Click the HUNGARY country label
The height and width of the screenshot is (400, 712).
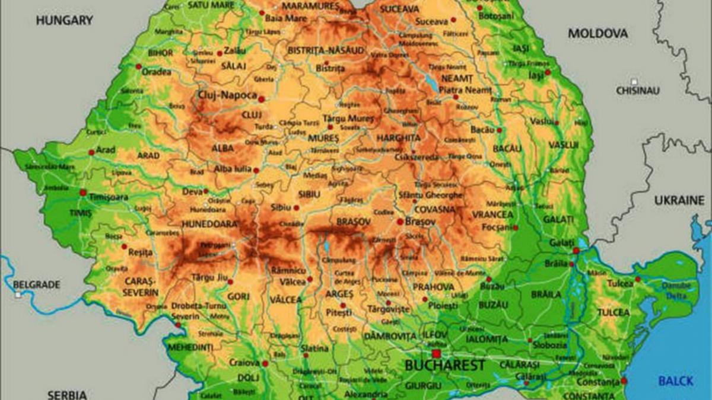(65, 20)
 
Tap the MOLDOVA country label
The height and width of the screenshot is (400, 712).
(597, 34)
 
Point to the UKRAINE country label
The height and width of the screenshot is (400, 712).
(679, 201)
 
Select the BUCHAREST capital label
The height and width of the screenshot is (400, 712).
(444, 366)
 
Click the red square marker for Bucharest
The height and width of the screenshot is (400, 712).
(436, 353)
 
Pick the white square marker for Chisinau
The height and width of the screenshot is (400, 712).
(634, 81)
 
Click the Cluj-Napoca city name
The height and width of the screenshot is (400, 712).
(227, 95)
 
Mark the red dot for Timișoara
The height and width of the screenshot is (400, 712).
(83, 193)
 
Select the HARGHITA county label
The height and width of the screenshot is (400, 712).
(398, 138)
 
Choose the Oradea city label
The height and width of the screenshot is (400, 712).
(157, 72)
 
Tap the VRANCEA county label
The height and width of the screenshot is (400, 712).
(492, 214)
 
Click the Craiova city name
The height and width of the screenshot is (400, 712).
(245, 362)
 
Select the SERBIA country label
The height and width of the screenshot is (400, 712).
(67, 394)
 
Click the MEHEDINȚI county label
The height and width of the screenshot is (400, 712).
(190, 346)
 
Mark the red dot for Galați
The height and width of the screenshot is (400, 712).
(576, 251)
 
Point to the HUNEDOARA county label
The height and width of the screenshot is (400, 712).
(210, 224)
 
